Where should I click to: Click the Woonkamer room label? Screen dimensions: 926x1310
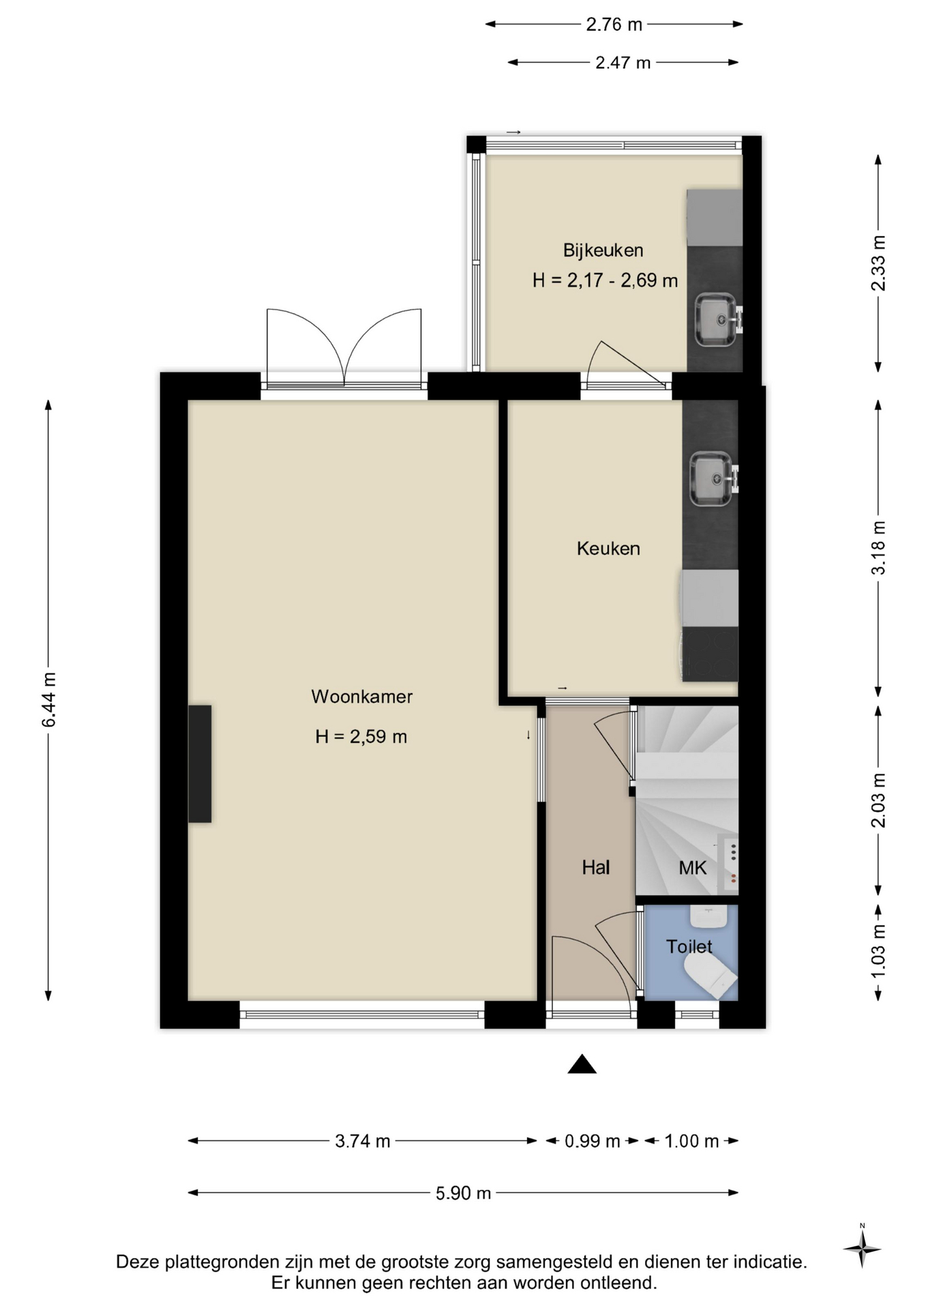coord(361,697)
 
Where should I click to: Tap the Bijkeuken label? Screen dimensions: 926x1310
coord(603,250)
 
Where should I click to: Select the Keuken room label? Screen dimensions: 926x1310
coord(608,549)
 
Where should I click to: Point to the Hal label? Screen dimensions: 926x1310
coord(595,867)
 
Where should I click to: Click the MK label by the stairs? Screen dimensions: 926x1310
coord(692,868)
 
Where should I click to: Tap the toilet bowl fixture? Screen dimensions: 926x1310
coord(710,975)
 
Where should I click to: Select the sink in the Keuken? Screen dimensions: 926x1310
coord(713,479)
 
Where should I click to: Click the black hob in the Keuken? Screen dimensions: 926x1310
coord(711,654)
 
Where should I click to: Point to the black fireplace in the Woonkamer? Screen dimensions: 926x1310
coord(200,763)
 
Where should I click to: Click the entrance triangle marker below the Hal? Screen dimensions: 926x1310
coord(582,1064)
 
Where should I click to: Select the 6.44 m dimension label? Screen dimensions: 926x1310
coord(49,699)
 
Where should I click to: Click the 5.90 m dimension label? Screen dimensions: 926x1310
coord(463,1193)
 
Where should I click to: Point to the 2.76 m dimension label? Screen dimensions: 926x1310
coord(614,25)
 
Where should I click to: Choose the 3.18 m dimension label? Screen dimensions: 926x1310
coord(878,548)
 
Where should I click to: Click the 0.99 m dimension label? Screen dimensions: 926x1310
coord(592,1141)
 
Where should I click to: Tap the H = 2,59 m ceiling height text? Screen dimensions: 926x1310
coord(361,737)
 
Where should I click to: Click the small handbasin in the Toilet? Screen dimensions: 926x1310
coord(709,916)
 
